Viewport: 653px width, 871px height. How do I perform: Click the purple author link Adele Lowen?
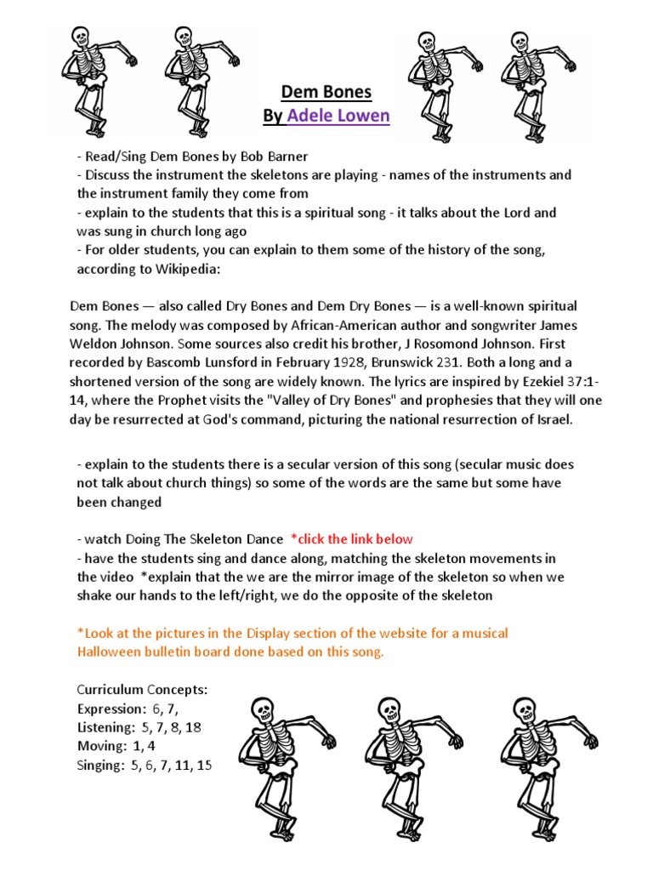(x=338, y=116)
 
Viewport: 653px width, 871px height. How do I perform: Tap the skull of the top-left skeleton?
(x=81, y=37)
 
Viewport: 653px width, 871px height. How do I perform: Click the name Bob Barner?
(x=276, y=157)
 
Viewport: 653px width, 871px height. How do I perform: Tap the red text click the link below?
(x=352, y=538)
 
